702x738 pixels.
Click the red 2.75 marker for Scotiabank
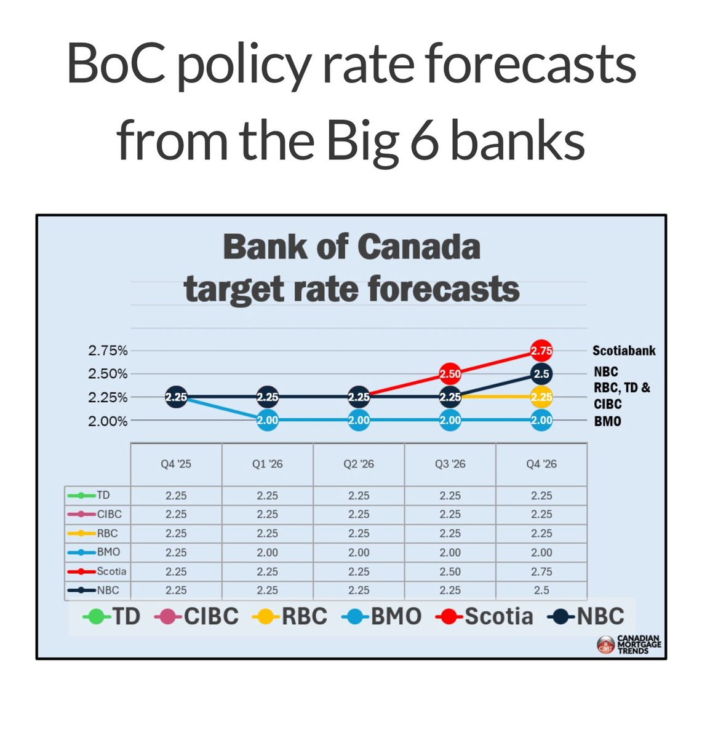pyautogui.click(x=541, y=351)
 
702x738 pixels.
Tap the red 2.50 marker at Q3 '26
pyautogui.click(x=450, y=374)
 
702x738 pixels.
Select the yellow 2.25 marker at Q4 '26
pyautogui.click(x=541, y=397)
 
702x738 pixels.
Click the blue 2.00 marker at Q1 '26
pyautogui.click(x=268, y=421)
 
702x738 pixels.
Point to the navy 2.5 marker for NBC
pyautogui.click(x=541, y=374)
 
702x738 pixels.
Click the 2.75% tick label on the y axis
pyautogui.click(x=108, y=351)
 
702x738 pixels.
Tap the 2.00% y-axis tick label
pyautogui.click(x=108, y=421)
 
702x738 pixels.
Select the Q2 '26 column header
pyautogui.click(x=359, y=464)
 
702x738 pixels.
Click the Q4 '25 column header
pyautogui.click(x=176, y=464)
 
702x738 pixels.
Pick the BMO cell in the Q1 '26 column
pyautogui.click(x=268, y=552)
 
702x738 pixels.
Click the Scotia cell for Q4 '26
pyautogui.click(x=541, y=571)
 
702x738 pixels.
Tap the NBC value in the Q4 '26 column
pyautogui.click(x=541, y=590)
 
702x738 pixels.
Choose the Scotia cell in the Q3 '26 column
pyautogui.click(x=450, y=571)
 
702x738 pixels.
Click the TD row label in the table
pyautogui.click(x=103, y=495)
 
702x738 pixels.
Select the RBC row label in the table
pyautogui.click(x=107, y=533)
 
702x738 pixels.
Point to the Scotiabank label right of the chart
pyautogui.click(x=624, y=351)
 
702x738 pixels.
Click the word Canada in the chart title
pyautogui.click(x=418, y=247)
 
